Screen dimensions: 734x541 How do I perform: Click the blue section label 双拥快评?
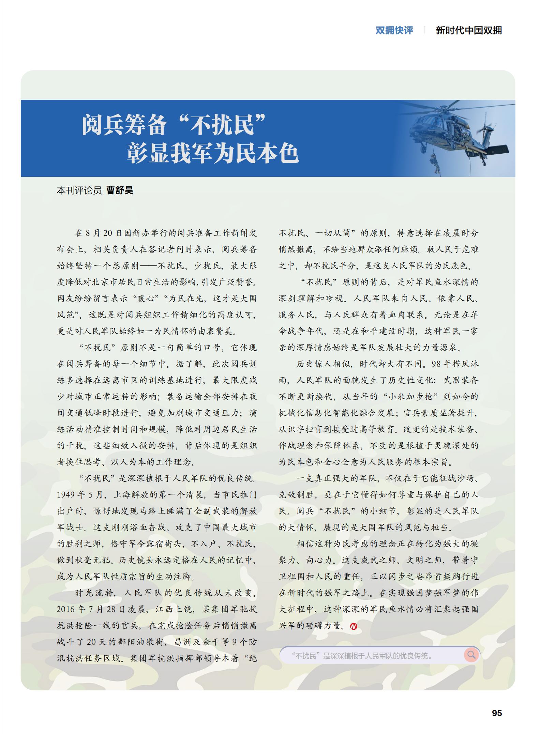tap(394, 30)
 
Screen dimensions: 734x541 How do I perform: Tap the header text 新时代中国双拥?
tap(469, 30)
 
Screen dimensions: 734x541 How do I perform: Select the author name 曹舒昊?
tap(120, 190)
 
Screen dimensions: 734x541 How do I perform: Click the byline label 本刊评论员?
tap(79, 190)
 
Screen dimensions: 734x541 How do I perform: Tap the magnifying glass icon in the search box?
tap(471, 655)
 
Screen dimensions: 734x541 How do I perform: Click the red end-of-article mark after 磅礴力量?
tap(354, 626)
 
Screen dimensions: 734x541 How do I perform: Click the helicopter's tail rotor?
tap(485, 130)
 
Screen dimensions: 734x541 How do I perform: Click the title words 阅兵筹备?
tap(124, 125)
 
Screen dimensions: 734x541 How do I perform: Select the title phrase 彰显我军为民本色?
tap(213, 153)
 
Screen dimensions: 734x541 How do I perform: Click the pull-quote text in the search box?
tap(362, 655)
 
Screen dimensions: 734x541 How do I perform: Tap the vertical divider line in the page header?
tap(424, 30)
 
